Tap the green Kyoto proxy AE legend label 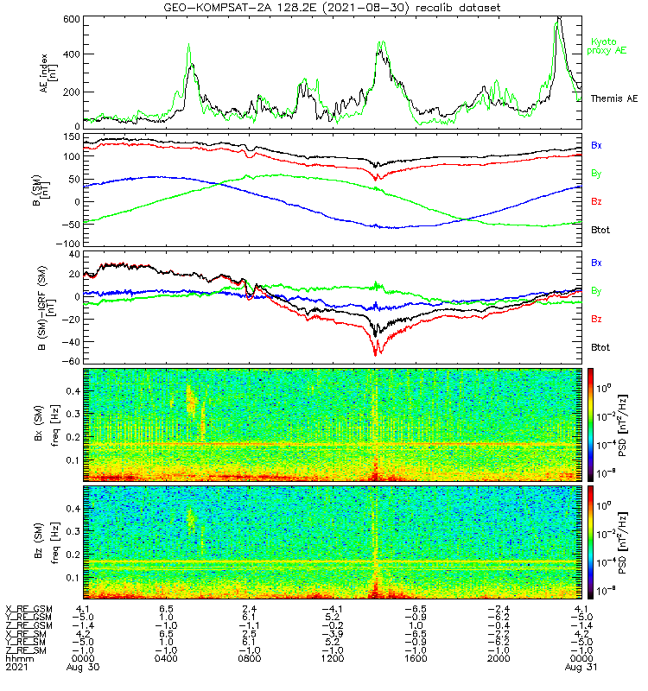coord(608,46)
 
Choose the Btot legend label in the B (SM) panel coord(600,231)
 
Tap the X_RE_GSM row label coord(29,609)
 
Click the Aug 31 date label coord(579,667)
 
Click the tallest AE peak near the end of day coord(559,18)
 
